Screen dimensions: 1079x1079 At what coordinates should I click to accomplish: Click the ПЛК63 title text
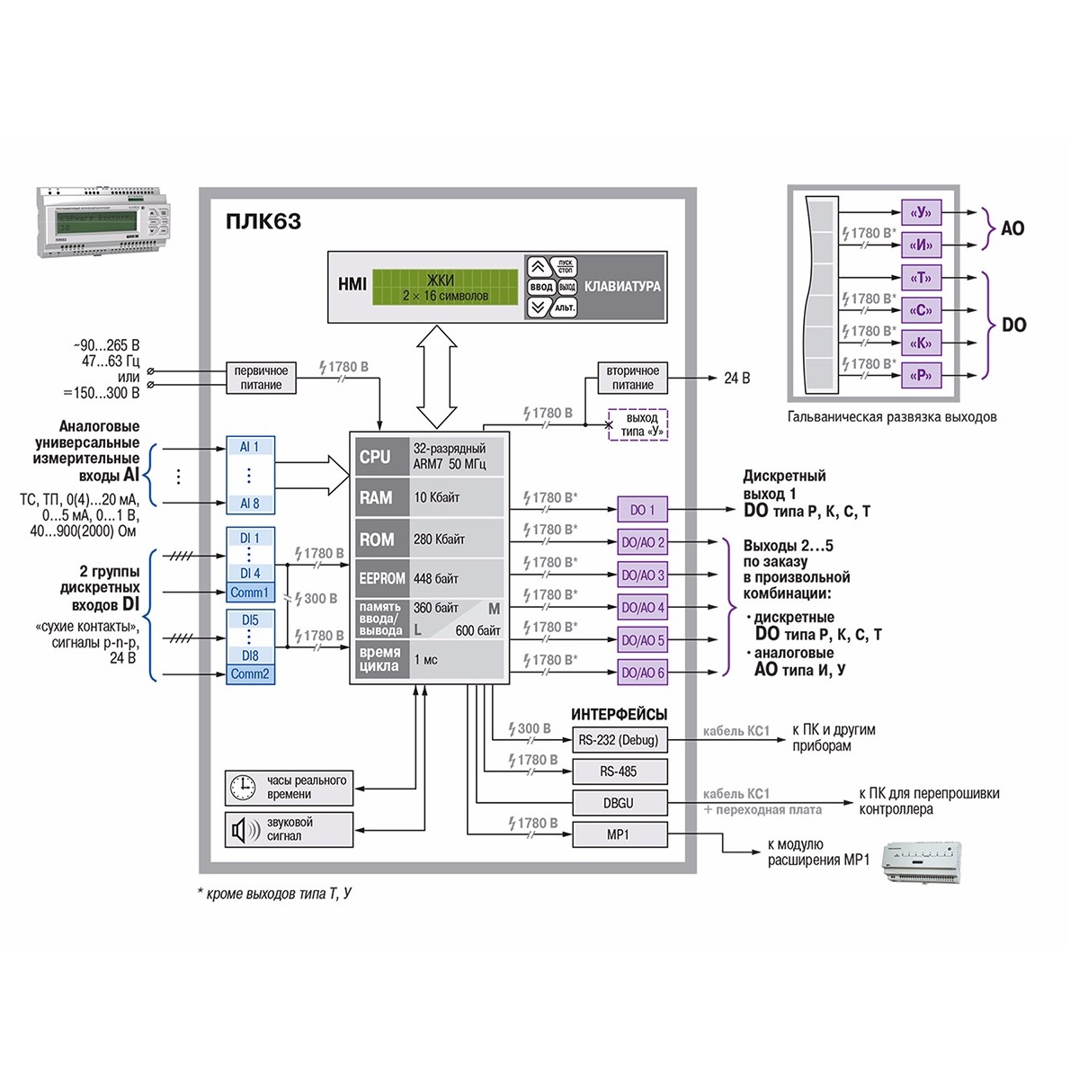pyautogui.click(x=263, y=221)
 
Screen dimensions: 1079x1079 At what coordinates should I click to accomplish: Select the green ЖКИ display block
pyautogui.click(x=445, y=288)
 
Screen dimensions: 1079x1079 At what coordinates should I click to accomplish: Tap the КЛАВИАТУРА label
pyautogui.click(x=622, y=287)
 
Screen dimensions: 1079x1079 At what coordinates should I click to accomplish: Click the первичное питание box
pyautogui.click(x=261, y=378)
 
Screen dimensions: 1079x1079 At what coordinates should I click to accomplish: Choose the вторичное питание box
pyautogui.click(x=632, y=378)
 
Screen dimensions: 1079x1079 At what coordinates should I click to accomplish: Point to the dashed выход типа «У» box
pyautogui.click(x=641, y=425)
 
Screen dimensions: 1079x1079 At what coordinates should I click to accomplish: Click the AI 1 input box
pyautogui.click(x=249, y=447)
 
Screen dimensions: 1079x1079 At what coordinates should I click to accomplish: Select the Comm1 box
pyautogui.click(x=249, y=593)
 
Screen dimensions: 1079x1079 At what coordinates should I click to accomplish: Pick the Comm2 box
pyautogui.click(x=249, y=673)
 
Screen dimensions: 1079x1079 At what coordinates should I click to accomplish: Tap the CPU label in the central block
pyautogui.click(x=375, y=457)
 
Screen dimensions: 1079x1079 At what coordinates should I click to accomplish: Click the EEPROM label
pyautogui.click(x=382, y=578)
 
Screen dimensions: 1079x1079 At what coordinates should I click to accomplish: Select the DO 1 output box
pyautogui.click(x=642, y=510)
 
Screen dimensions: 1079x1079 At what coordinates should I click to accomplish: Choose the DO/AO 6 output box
pyautogui.click(x=642, y=673)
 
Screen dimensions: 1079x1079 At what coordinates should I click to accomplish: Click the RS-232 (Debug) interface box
pyautogui.click(x=620, y=740)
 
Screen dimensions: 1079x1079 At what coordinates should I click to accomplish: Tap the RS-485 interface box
pyautogui.click(x=620, y=771)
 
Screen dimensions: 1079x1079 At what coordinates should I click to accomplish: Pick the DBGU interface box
pyautogui.click(x=620, y=803)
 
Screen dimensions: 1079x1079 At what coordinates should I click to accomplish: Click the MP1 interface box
pyautogui.click(x=620, y=835)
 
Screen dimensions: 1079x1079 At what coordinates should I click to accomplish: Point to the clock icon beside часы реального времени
pyautogui.click(x=243, y=788)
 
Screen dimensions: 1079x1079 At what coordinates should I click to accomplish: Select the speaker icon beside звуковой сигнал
pyautogui.click(x=243, y=829)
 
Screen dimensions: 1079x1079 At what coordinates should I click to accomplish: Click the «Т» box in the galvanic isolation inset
pyautogui.click(x=921, y=278)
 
